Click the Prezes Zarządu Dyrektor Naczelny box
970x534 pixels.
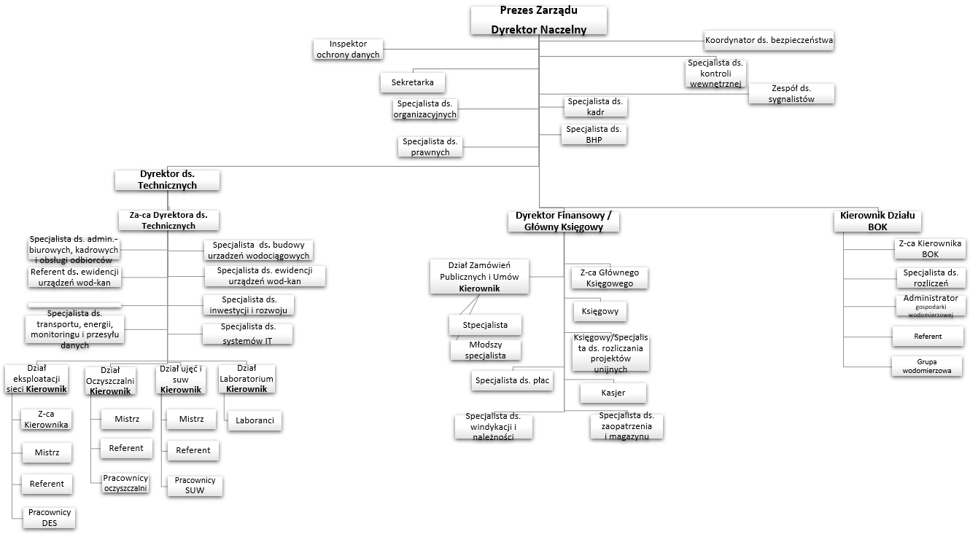(x=538, y=20)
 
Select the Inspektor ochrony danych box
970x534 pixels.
(x=348, y=50)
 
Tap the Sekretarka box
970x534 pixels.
(x=412, y=82)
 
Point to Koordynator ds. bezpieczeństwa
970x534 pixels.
(x=769, y=40)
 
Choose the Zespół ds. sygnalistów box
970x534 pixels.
(x=791, y=94)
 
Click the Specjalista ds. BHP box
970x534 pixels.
(x=594, y=134)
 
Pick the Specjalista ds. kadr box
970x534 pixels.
(x=595, y=106)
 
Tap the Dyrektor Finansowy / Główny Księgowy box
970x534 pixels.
(x=563, y=221)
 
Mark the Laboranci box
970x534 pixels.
(x=254, y=420)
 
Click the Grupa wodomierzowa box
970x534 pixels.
(x=927, y=366)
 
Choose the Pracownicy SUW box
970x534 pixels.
(x=194, y=485)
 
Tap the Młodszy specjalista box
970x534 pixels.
(x=486, y=350)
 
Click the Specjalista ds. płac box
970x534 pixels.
(x=512, y=380)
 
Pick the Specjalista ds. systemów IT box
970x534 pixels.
(x=247, y=333)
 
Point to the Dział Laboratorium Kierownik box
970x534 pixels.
(x=246, y=379)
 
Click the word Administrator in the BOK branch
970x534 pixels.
(x=930, y=299)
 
